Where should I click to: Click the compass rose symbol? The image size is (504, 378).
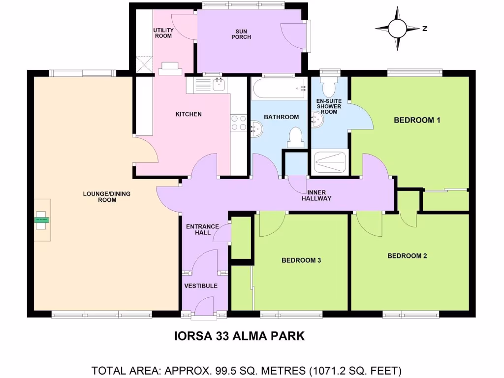(397, 29)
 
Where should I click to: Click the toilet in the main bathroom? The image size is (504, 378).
(295, 137)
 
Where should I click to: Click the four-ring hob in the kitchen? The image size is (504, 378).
(238, 122)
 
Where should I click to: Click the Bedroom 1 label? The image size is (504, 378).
(417, 120)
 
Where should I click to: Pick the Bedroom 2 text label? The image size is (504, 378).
(407, 256)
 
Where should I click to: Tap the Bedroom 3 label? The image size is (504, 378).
(301, 260)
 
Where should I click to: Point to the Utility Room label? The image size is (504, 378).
(163, 33)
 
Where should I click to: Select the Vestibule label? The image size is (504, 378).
(201, 286)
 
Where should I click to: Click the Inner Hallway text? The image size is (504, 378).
(319, 195)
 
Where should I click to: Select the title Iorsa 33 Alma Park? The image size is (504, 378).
(240, 336)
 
